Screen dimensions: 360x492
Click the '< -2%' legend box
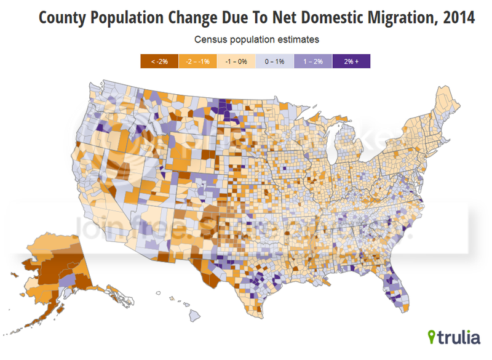click(159, 61)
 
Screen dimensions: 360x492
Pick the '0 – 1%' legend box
click(274, 61)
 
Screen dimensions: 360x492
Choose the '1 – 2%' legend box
click(312, 61)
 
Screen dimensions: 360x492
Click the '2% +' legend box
click(351, 61)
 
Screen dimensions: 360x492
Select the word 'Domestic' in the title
click(300, 18)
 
